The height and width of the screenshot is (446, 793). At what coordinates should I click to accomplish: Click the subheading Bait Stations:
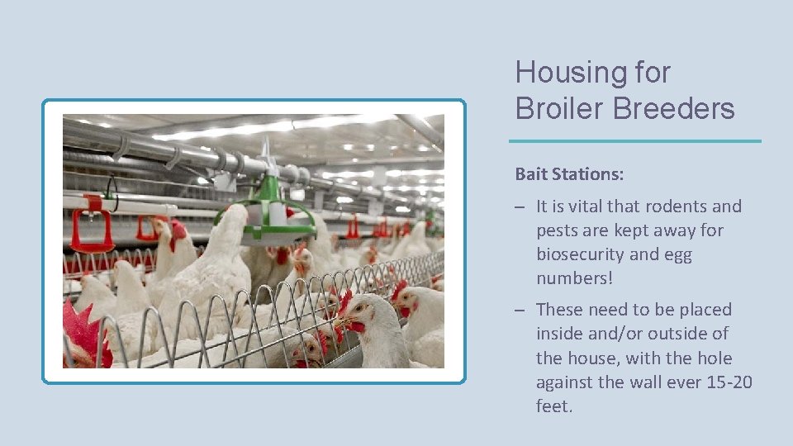(x=569, y=174)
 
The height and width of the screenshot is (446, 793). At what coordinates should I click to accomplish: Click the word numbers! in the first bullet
(x=574, y=278)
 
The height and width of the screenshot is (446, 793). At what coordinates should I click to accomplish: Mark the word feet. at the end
(x=553, y=406)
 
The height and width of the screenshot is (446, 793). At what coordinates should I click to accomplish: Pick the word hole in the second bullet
(x=715, y=358)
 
